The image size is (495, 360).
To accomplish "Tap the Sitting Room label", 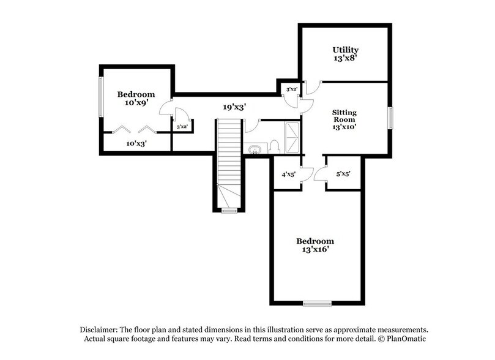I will click(x=344, y=120).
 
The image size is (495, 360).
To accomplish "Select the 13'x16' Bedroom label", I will click(x=315, y=246).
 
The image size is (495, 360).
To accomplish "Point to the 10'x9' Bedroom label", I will click(x=136, y=99).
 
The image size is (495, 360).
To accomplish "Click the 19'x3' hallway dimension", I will click(x=234, y=107).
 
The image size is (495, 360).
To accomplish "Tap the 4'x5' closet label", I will click(x=289, y=174).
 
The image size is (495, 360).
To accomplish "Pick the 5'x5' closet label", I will click(x=343, y=174).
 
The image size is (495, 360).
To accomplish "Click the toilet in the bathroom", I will click(x=274, y=146).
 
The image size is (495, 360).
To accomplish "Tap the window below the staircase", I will click(x=229, y=211).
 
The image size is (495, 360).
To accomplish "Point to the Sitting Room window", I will click(x=390, y=118).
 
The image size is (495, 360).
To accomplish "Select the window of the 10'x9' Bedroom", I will click(x=101, y=97).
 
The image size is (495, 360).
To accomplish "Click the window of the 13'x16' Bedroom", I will click(x=317, y=302).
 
